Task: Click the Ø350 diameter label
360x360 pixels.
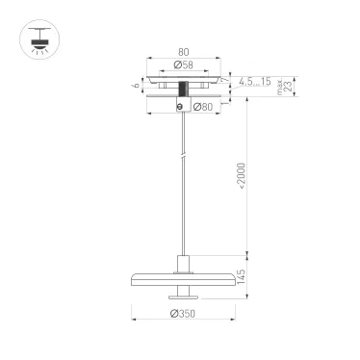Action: [183, 314]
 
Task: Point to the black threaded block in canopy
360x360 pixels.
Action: [182, 88]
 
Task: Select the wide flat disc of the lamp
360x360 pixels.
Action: [182, 277]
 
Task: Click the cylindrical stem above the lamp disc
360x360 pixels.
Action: [182, 263]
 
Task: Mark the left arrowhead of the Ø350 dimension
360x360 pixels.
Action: [133, 320]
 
